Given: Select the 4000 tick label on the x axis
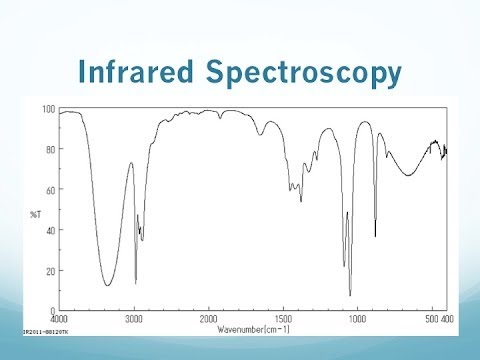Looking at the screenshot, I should (59, 318).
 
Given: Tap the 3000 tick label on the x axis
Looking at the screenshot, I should (134, 318).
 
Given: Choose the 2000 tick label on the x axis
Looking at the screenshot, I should (209, 318).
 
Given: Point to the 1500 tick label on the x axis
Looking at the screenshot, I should (283, 318).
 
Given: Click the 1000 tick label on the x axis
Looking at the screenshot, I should (358, 318).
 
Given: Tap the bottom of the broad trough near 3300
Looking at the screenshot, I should (108, 286).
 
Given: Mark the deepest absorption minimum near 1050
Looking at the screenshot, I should (350, 295).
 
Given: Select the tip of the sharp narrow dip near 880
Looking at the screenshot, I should (375, 236).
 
